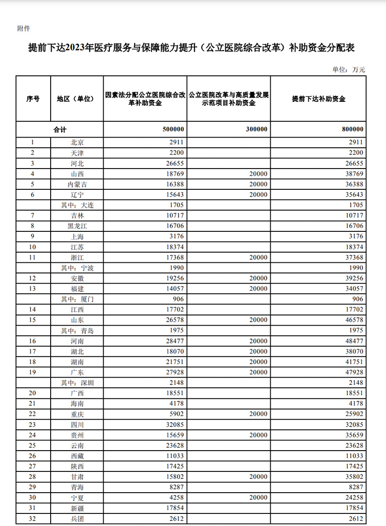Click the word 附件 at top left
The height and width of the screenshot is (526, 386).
pyautogui.click(x=24, y=28)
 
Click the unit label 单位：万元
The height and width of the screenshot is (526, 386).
pyautogui.click(x=348, y=70)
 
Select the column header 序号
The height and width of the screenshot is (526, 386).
pyautogui.click(x=33, y=99)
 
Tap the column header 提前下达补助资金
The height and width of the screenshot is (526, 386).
pyautogui.click(x=319, y=99)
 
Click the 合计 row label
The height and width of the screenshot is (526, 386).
pyautogui.click(x=59, y=129)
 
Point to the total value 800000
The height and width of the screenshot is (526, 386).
pyautogui.click(x=352, y=129)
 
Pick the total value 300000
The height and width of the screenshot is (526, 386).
pyautogui.click(x=257, y=129)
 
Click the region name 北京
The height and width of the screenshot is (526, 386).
pyautogui.click(x=77, y=142)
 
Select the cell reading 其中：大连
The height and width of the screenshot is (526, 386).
pyautogui.click(x=77, y=205)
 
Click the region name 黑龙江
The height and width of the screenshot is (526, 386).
pyautogui.click(x=77, y=226)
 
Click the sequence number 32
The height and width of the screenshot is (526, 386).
pyautogui.click(x=33, y=519)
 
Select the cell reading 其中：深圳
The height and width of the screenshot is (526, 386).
pyautogui.click(x=77, y=383)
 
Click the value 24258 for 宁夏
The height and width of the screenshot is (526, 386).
pyautogui.click(x=353, y=498)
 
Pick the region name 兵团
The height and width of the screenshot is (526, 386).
pyautogui.click(x=77, y=519)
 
